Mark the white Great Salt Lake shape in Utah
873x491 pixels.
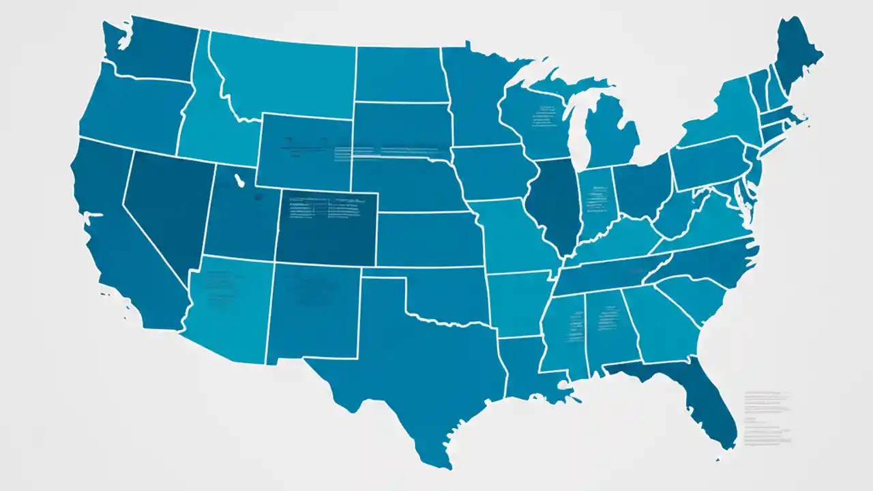pyautogui.click(x=239, y=181)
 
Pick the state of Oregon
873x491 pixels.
pyautogui.click(x=130, y=109)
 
